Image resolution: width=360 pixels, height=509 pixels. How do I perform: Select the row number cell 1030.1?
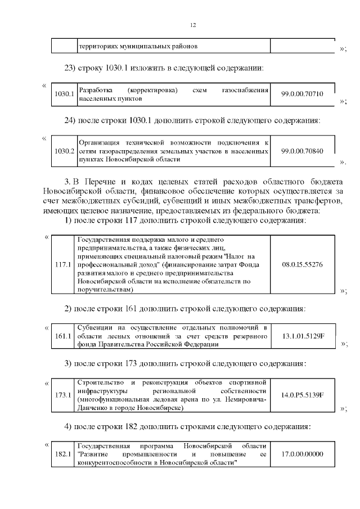(x=64, y=94)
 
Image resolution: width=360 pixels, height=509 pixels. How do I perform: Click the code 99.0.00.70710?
(x=302, y=94)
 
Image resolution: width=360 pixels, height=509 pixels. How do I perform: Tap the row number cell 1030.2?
(x=64, y=151)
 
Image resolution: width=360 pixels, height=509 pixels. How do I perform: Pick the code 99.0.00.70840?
(x=302, y=151)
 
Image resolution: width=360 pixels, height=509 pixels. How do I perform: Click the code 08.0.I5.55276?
(x=302, y=264)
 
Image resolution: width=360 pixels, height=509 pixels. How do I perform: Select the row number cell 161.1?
(x=64, y=336)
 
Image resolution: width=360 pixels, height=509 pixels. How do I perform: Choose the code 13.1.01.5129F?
(x=302, y=336)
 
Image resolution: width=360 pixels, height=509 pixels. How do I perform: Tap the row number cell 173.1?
(x=64, y=395)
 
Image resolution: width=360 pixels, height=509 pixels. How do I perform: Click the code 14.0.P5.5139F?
(x=302, y=395)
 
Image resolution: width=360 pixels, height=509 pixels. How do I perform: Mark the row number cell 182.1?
(x=64, y=454)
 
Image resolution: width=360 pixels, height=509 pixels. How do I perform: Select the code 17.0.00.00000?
(x=302, y=454)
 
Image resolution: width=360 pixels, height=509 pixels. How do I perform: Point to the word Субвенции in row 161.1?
(x=93, y=327)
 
